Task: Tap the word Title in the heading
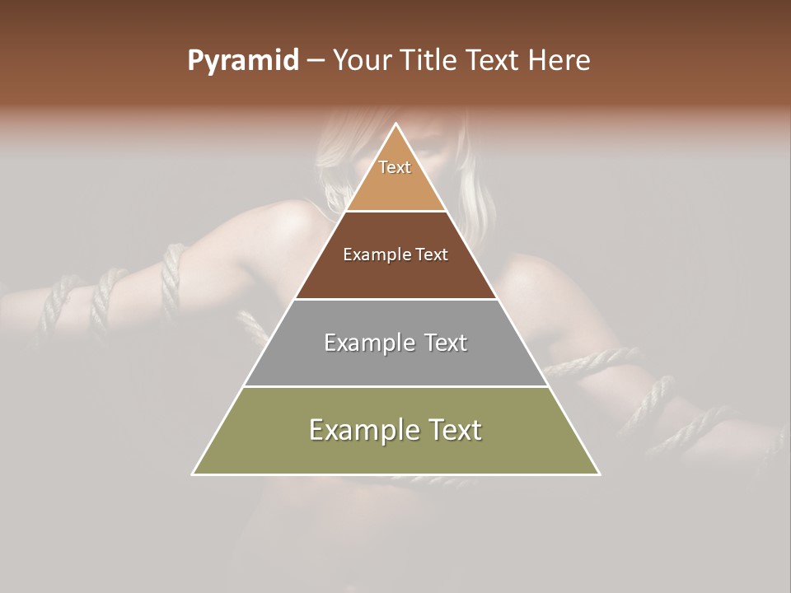430,61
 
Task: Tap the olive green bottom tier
395,453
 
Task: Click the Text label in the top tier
395,167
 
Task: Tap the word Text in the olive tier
454,430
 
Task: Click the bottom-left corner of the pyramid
193,474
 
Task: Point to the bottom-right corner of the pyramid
599,474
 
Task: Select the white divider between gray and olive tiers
395,386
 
